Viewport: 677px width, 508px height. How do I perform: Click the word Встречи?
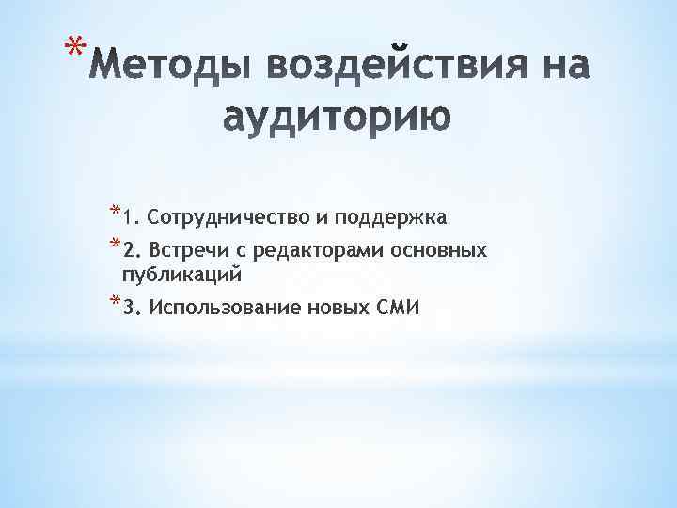tap(182, 251)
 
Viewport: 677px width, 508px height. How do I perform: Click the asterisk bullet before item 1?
tap(115, 211)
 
